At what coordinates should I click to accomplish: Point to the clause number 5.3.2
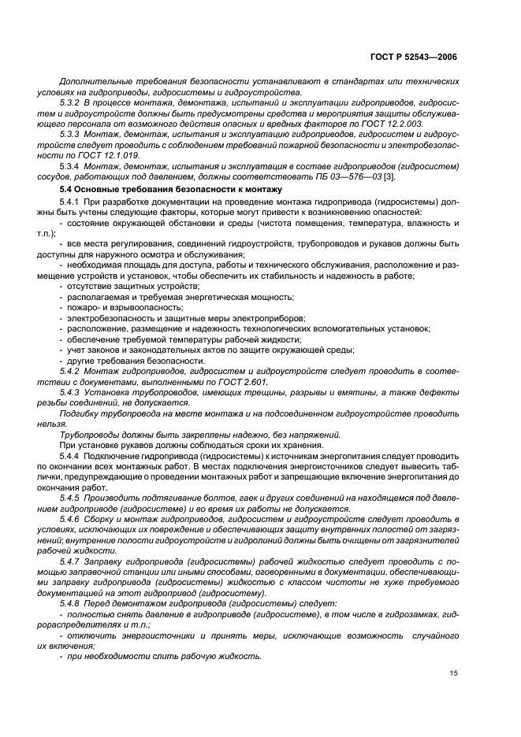coord(73,103)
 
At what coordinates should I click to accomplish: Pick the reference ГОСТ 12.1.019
coord(118,156)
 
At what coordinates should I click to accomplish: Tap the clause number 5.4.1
coord(73,202)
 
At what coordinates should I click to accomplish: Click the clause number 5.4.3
coord(73,392)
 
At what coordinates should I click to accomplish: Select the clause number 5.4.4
coord(73,457)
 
